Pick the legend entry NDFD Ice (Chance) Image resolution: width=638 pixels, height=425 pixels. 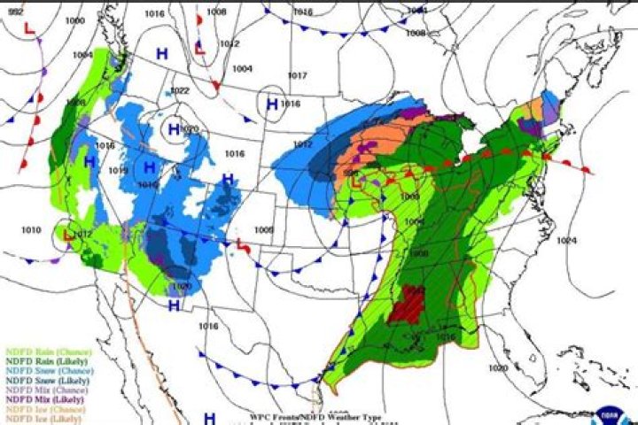tap(35, 409)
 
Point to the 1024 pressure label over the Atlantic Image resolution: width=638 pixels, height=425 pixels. tap(567, 240)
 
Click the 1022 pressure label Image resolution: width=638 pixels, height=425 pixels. tap(180, 91)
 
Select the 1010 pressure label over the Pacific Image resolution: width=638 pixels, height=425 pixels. tap(31, 230)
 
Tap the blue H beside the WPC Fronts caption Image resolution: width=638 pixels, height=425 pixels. tap(210, 417)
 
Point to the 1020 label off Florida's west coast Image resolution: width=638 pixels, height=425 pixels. tap(498, 367)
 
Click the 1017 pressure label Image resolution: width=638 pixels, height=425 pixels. tap(297, 76)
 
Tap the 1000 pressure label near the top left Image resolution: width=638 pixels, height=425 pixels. tap(75, 20)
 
